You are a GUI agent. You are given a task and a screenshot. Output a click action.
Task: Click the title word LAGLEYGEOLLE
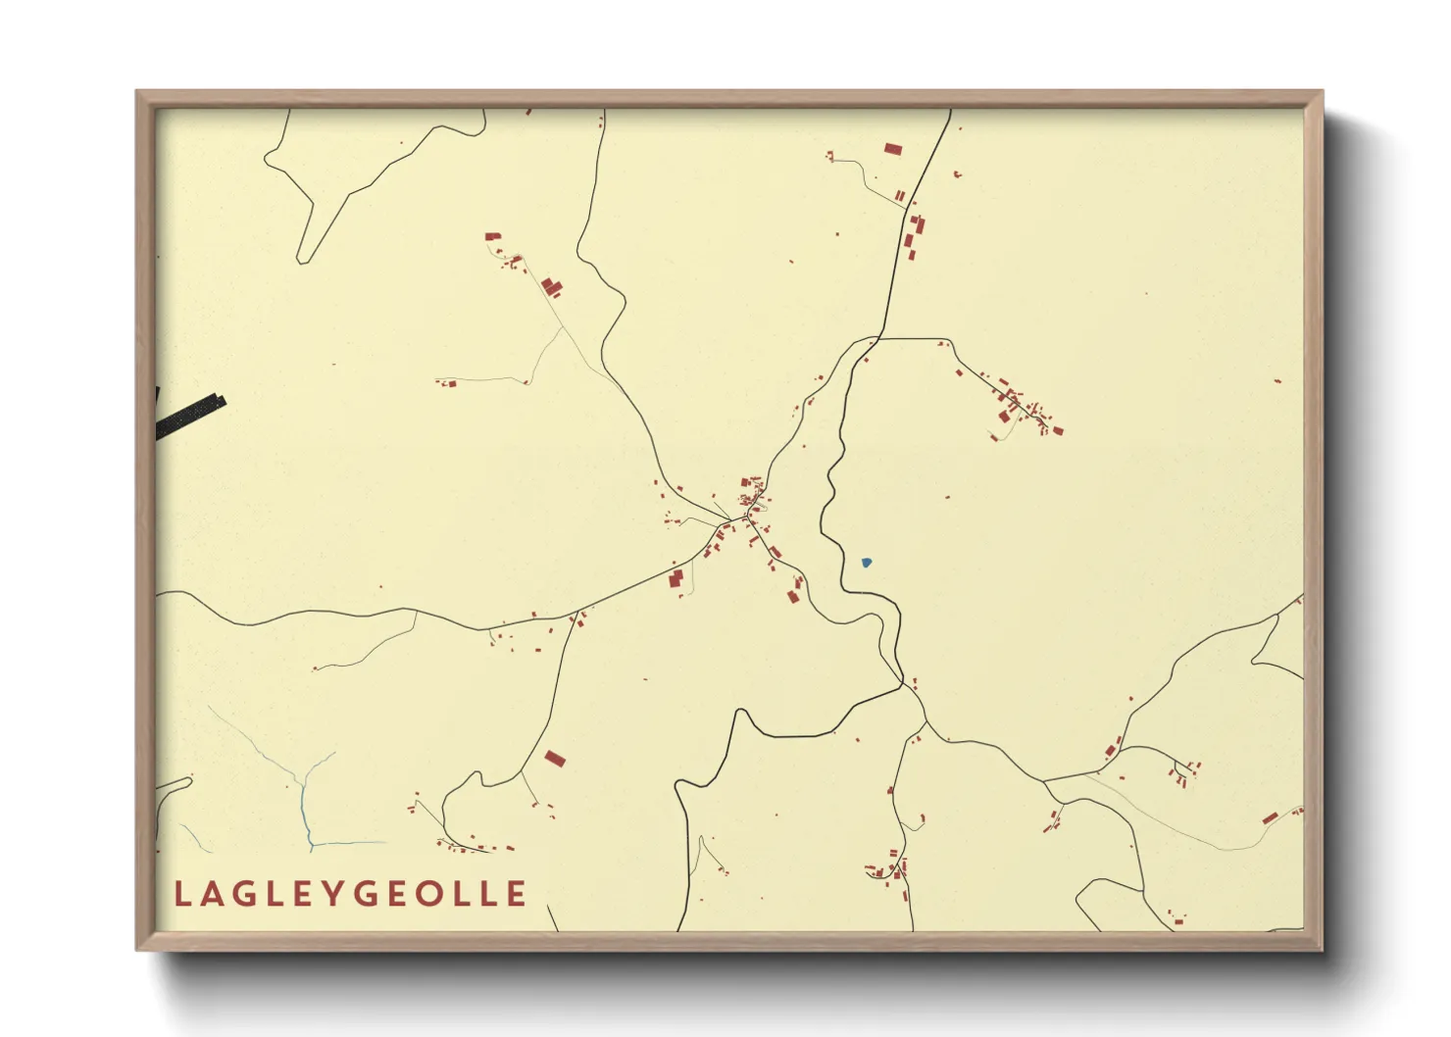pos(350,894)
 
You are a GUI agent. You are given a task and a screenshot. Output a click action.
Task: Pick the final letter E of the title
pos(517,894)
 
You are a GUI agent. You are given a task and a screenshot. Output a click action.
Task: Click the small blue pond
pos(866,563)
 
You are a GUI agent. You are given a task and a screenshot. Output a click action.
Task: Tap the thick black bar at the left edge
pos(190,417)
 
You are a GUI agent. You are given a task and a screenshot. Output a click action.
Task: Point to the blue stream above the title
pos(304,794)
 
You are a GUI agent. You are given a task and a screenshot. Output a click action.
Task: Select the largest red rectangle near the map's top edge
pos(892,149)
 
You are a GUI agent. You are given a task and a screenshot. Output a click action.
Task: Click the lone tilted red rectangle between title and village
pos(555,758)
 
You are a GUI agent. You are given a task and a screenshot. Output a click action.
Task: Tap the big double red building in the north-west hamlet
pos(552,287)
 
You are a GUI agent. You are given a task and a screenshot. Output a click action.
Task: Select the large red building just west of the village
pos(675,578)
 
